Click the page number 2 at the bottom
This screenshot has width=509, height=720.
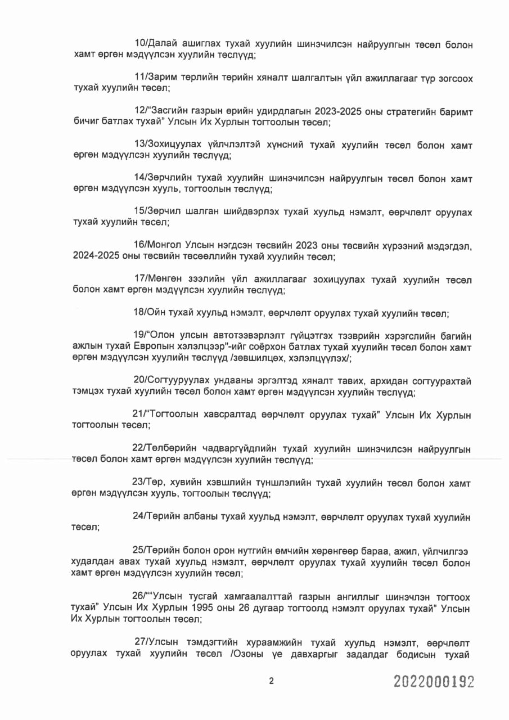[x=271, y=681]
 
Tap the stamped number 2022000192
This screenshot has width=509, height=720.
[x=434, y=682]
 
